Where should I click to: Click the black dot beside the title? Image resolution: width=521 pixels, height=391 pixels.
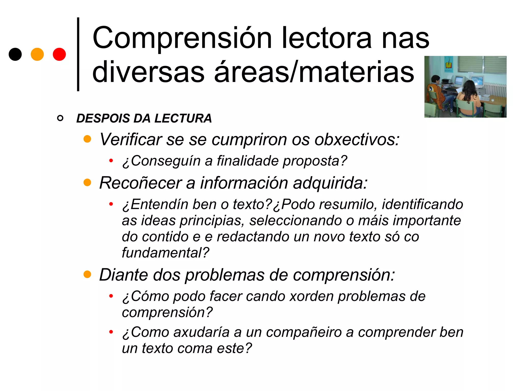(15, 54)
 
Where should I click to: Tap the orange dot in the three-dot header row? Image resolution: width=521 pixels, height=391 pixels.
(37, 54)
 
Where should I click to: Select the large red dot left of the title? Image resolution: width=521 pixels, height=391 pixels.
(59, 54)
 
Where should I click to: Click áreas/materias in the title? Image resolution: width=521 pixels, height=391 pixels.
(314, 72)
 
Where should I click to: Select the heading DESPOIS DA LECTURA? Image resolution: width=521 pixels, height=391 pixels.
(144, 118)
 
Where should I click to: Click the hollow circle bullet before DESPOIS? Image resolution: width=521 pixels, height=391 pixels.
(60, 118)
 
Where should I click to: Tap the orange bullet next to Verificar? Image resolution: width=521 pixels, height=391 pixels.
(87, 139)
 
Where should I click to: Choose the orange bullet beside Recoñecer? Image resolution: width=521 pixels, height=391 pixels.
(87, 182)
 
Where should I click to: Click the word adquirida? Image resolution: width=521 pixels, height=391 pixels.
(330, 183)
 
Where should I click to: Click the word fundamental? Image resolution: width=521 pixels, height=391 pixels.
(165, 253)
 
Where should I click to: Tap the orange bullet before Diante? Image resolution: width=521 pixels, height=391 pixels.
(87, 274)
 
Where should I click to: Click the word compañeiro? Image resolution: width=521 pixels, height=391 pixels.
(304, 332)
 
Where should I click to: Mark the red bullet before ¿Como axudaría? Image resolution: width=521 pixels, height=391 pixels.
(111, 332)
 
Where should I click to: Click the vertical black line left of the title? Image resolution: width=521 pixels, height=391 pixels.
(78, 54)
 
